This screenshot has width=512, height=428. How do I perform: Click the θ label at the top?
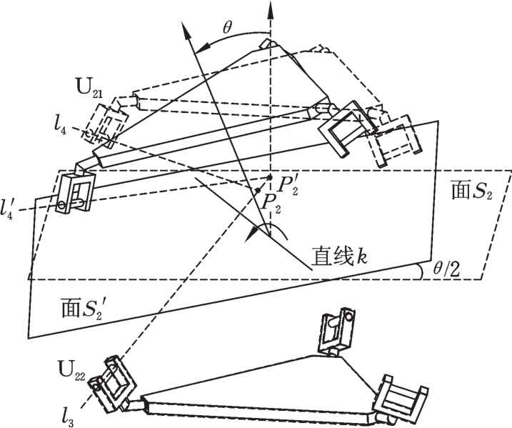coord(227,28)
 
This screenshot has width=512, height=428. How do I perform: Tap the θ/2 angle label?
coord(446,270)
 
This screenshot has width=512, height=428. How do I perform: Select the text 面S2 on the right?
coord(472,191)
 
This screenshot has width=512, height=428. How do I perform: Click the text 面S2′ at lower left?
coord(84,308)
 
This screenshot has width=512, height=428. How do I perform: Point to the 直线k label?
coord(338,256)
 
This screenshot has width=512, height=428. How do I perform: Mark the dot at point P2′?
coord(269,177)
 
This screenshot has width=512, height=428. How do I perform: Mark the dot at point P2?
coord(258,190)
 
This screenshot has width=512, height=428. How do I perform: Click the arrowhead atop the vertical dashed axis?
coord(270,10)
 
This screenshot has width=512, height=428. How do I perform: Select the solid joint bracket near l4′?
coord(75,194)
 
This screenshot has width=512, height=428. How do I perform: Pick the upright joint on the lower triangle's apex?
coord(338,330)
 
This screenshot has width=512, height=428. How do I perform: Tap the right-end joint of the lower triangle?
coord(401,399)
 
